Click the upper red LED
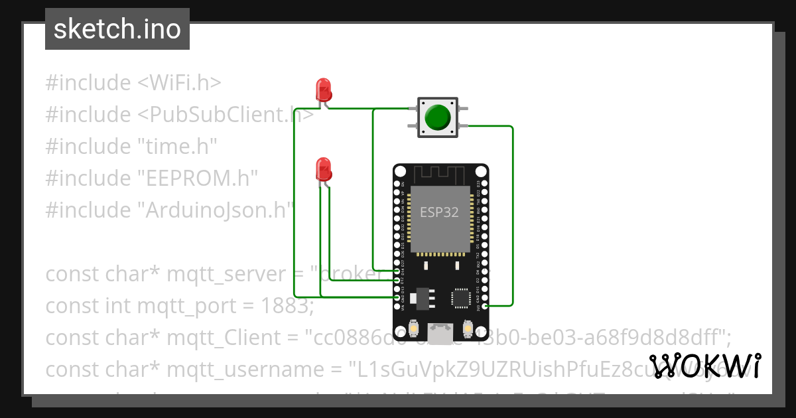click(324, 89)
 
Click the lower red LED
click(323, 169)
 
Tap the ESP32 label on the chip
click(439, 212)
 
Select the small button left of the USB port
click(413, 328)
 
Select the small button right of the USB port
click(468, 328)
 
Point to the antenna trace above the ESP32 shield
click(440, 174)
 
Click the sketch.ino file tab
click(117, 29)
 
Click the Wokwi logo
click(705, 366)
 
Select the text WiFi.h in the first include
click(179, 83)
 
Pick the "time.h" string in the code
click(177, 147)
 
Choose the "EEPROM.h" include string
click(197, 178)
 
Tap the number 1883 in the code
click(279, 306)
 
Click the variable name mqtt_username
click(224, 370)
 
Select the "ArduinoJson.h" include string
click(216, 210)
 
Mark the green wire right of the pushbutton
click(512, 212)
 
